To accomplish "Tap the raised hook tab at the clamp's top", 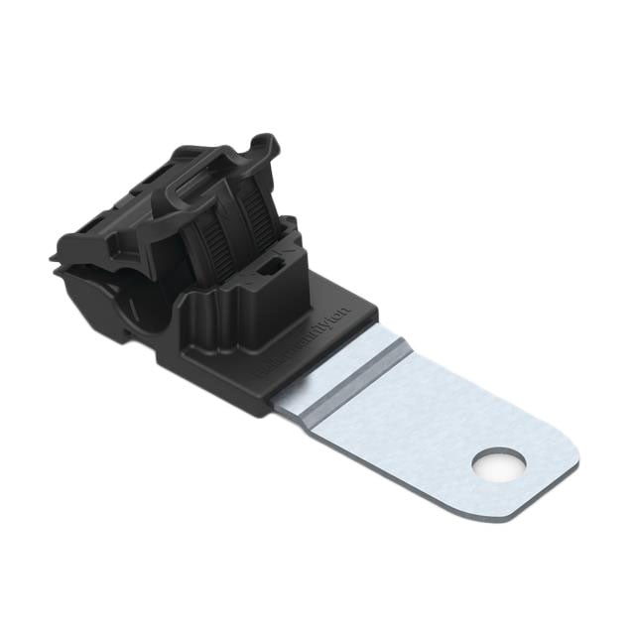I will (260, 147).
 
